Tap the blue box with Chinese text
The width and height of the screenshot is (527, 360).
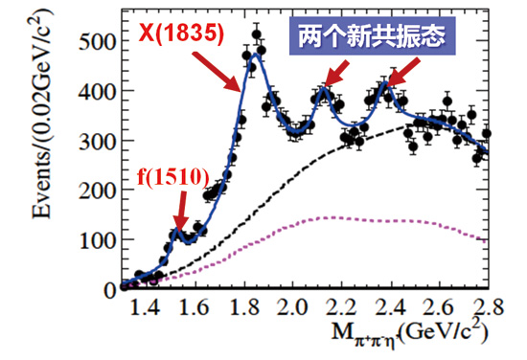click(x=372, y=38)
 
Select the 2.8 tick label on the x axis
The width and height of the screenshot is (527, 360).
click(x=485, y=308)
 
